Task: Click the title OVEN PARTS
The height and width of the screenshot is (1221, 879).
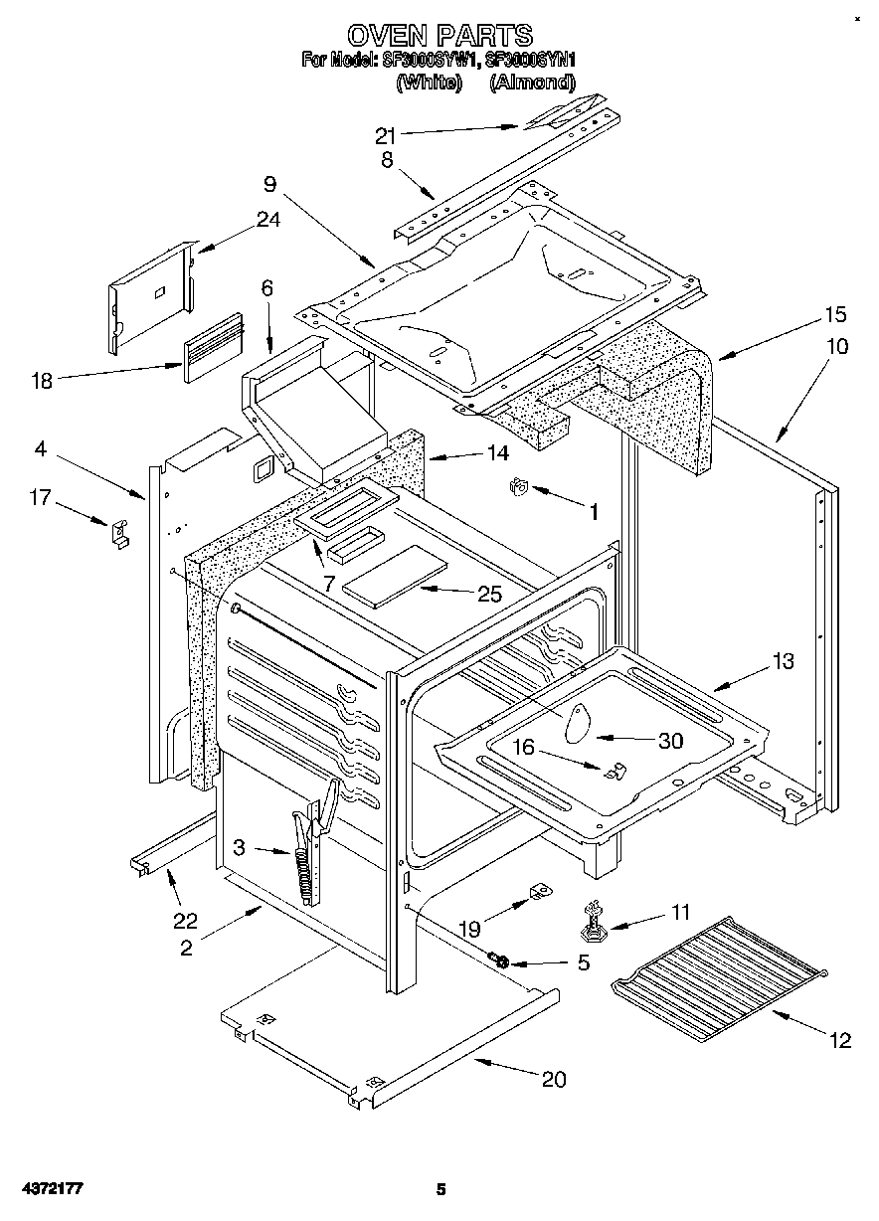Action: click(x=439, y=37)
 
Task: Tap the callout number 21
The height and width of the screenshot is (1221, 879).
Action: click(x=386, y=134)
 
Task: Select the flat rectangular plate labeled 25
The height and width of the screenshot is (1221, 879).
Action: click(x=394, y=579)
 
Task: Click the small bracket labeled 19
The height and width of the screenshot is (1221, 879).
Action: click(x=540, y=892)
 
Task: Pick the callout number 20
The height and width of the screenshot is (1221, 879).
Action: click(x=554, y=1080)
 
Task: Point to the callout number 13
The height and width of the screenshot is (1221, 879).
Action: click(x=783, y=661)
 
